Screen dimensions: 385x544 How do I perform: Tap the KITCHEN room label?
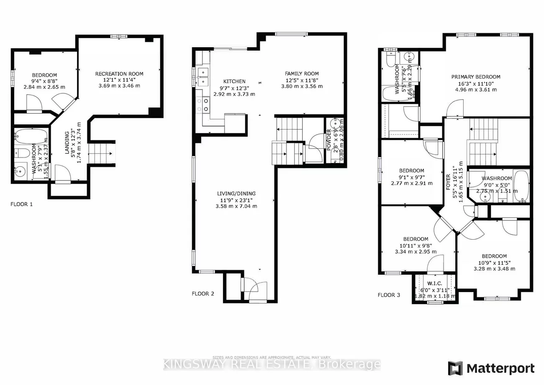234,81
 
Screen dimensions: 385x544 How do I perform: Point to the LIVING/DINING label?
236,194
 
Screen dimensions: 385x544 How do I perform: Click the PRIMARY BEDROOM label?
475,77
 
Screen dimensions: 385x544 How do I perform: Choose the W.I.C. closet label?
432,284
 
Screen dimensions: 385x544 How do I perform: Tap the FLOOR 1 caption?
21,204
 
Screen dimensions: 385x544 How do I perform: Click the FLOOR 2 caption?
203,294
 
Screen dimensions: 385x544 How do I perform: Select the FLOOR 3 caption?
389,295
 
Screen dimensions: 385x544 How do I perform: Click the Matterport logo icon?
455,368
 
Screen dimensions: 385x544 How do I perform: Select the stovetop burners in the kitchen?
203,104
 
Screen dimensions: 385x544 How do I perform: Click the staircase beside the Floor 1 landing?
101,154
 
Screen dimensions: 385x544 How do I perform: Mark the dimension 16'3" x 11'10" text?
475,83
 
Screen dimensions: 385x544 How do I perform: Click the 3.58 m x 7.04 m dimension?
236,206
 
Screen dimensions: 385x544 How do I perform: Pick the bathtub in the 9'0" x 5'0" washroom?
521,186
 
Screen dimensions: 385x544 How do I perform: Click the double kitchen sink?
202,77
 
